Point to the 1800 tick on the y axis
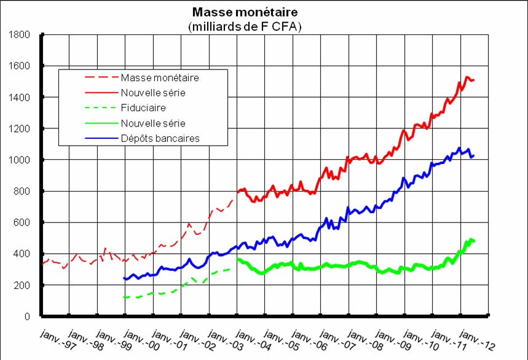point(22,34)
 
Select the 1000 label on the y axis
point(22,160)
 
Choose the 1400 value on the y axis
point(22,97)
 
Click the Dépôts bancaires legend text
point(165,138)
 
